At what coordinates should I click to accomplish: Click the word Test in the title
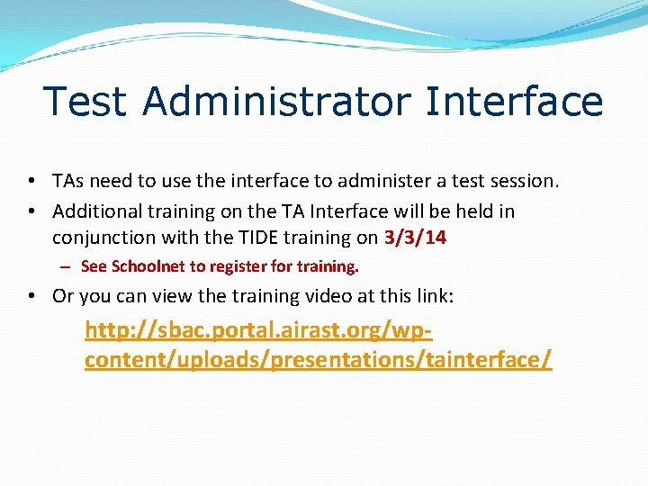pyautogui.click(x=86, y=102)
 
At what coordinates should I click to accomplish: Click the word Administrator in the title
pyautogui.click(x=277, y=102)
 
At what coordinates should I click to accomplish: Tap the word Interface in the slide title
pyautogui.click(x=514, y=102)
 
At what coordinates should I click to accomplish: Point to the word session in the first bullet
pyautogui.click(x=522, y=182)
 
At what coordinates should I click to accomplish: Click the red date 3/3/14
pyautogui.click(x=415, y=238)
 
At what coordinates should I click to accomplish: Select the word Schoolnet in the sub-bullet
pyautogui.click(x=148, y=266)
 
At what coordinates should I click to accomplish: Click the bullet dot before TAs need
pyautogui.click(x=31, y=182)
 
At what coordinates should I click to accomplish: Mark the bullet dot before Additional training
pyautogui.click(x=31, y=211)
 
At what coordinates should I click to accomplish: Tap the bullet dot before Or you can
pyautogui.click(x=31, y=296)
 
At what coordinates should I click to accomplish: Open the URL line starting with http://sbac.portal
pyautogui.click(x=258, y=331)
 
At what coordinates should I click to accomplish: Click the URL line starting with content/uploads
pyautogui.click(x=318, y=360)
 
